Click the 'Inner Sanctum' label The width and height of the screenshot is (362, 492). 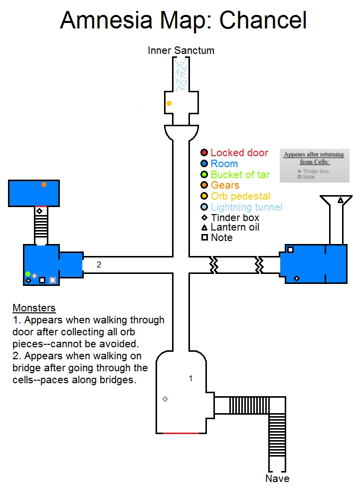[181, 50]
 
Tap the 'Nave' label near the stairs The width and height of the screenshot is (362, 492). [277, 479]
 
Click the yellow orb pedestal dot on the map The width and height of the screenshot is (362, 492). [169, 103]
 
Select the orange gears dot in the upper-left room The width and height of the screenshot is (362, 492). [44, 185]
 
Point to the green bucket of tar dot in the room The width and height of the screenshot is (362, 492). [28, 274]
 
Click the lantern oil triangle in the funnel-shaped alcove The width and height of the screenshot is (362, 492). [341, 200]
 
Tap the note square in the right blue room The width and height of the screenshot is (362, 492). [290, 249]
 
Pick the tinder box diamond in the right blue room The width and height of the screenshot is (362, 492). [297, 278]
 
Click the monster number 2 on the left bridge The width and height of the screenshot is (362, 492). [99, 265]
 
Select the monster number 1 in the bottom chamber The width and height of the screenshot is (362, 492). [190, 379]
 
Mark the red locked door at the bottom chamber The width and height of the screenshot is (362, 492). [181, 433]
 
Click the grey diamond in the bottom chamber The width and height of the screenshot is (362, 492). [165, 399]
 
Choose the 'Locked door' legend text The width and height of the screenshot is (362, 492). [239, 153]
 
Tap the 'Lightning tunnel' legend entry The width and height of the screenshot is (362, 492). [246, 207]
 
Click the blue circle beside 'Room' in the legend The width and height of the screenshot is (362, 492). [204, 164]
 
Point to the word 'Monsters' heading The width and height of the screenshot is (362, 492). [34, 308]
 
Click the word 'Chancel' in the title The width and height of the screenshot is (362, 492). [263, 20]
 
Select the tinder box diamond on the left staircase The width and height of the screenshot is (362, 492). [39, 212]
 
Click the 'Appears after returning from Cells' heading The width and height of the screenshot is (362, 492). [314, 158]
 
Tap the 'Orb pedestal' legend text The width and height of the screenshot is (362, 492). [240, 196]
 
